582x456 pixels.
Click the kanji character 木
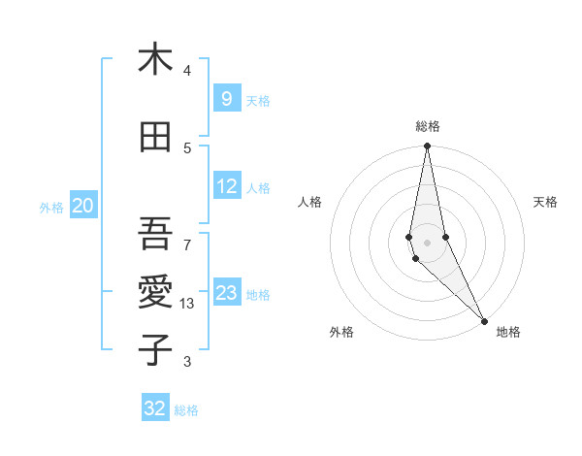coord(155,60)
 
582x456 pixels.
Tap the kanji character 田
coord(155,138)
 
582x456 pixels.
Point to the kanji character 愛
coord(155,291)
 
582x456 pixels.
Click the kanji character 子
coord(155,350)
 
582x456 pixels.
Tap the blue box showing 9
coord(226,98)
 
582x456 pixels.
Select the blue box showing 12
coord(227,186)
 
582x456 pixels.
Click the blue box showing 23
coord(227,293)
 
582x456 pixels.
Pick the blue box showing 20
coord(83,206)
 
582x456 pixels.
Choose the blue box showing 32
coord(155,408)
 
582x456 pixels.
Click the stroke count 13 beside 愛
coord(187,303)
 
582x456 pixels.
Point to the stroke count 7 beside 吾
coord(187,244)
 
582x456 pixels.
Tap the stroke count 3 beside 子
coord(187,362)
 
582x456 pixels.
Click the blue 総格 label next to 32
coord(187,410)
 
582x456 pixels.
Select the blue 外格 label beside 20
coord(51,207)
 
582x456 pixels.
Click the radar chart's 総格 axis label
coord(428,126)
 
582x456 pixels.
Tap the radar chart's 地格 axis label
coord(508,332)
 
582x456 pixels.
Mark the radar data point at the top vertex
coord(427,147)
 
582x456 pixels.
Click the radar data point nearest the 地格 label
coord(484,319)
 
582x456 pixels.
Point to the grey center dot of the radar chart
coord(427,243)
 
